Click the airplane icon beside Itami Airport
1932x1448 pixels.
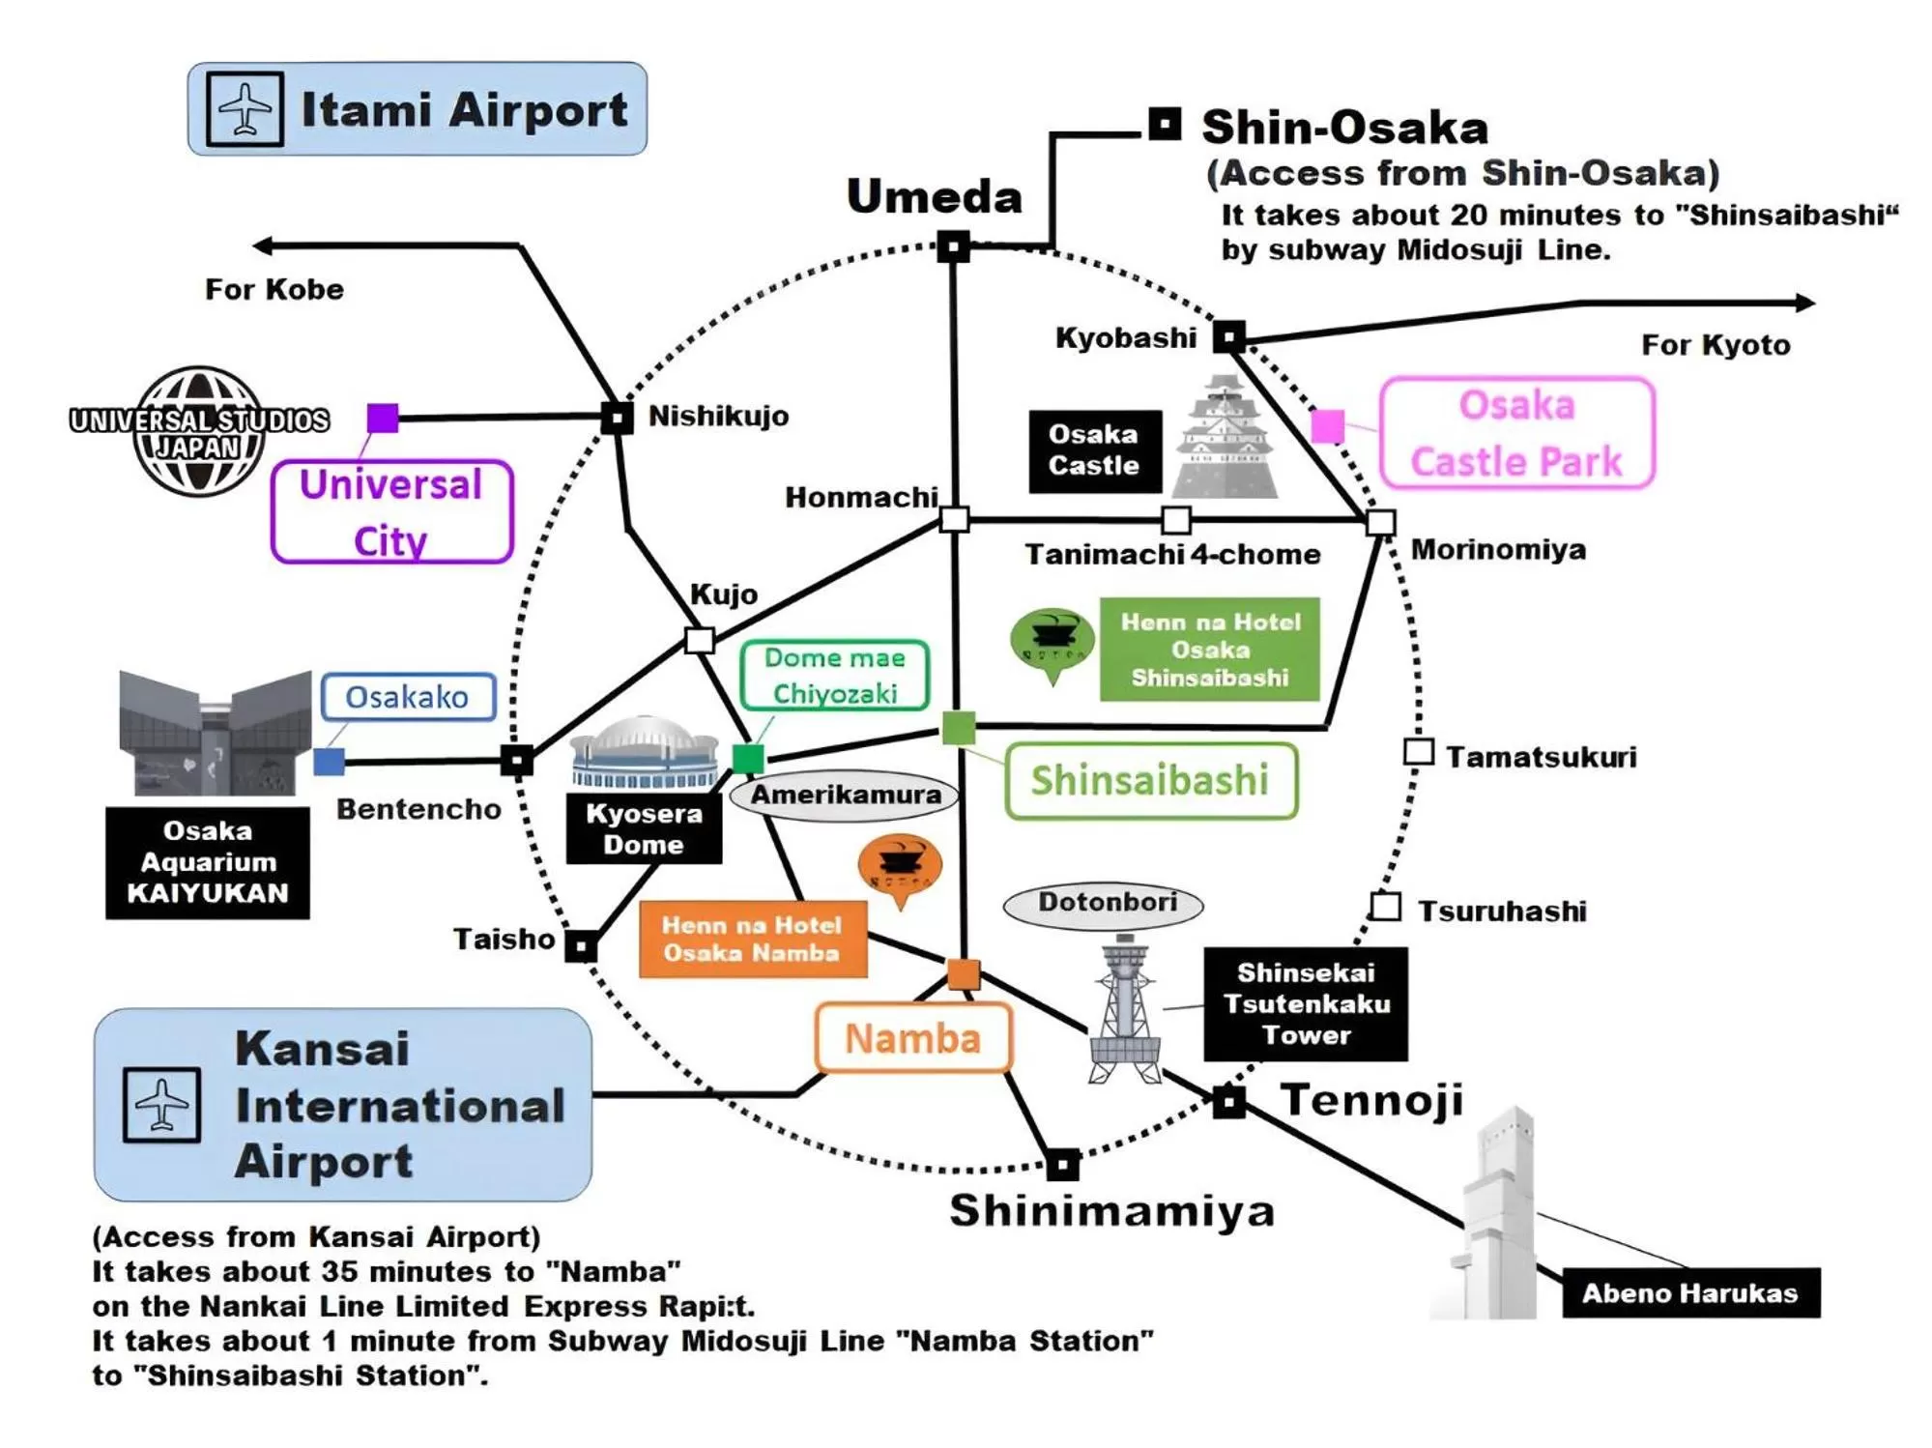click(x=245, y=108)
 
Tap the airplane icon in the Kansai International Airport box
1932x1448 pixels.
click(x=161, y=1105)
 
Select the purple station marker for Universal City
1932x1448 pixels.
click(x=383, y=418)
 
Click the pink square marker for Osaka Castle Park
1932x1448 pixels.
click(x=1327, y=425)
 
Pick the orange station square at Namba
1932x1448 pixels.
click(x=964, y=974)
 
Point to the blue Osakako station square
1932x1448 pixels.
click(x=329, y=762)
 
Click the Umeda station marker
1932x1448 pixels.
click(x=953, y=246)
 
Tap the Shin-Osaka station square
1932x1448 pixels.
click(x=1165, y=125)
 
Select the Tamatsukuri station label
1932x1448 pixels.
click(x=1541, y=757)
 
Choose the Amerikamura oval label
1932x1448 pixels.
click(x=845, y=796)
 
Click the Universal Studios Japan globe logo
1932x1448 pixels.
click(x=199, y=431)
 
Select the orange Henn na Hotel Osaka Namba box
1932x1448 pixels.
click(x=752, y=940)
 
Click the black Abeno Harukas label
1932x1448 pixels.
click(x=1689, y=1292)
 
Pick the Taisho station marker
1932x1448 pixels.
click(x=581, y=946)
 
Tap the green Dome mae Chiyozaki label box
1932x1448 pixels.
click(x=834, y=676)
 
